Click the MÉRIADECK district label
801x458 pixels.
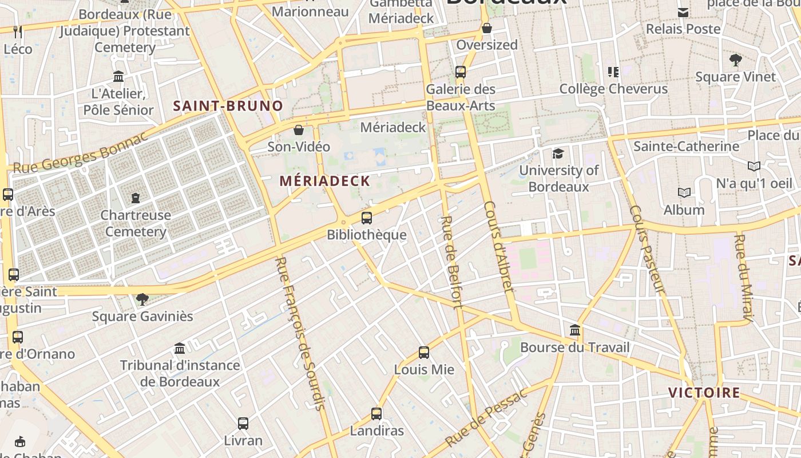tap(325, 181)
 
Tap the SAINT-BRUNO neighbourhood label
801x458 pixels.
tap(228, 106)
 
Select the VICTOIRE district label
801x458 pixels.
tap(704, 393)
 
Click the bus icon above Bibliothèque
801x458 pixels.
tap(367, 218)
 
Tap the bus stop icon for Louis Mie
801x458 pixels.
tap(424, 353)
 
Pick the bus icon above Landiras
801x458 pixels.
tap(376, 414)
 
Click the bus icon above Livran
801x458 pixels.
tap(243, 424)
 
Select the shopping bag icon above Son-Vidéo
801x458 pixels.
tap(298, 130)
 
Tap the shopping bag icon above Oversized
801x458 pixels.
tap(487, 28)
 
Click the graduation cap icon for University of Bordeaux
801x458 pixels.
tap(558, 153)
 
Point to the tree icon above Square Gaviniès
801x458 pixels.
tap(142, 299)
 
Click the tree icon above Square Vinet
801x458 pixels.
tap(736, 60)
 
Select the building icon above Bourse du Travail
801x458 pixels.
tap(575, 330)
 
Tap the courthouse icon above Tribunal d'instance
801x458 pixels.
tap(180, 348)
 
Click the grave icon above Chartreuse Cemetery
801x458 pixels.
tap(136, 198)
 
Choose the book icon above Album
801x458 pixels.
tap(684, 193)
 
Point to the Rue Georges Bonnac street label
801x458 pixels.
tap(80, 153)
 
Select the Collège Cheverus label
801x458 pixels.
tap(613, 89)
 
